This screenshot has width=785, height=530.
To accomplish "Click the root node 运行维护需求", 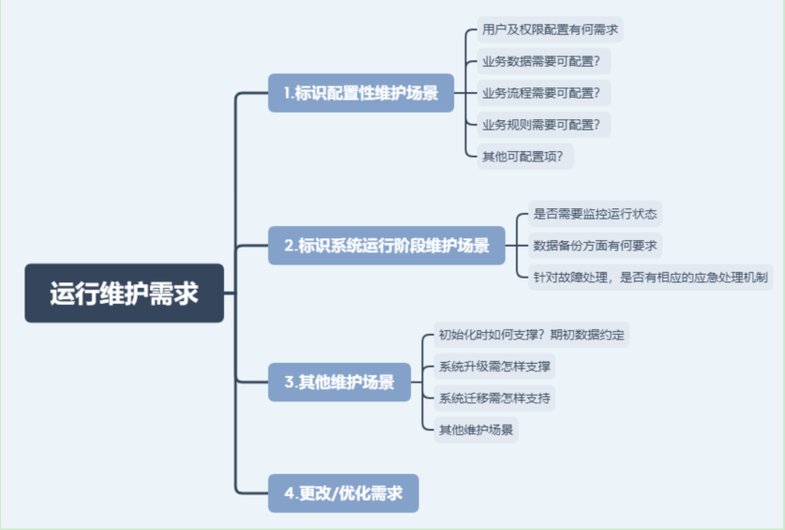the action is click(x=124, y=293).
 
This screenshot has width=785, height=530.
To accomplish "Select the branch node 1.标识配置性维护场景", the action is click(x=361, y=93).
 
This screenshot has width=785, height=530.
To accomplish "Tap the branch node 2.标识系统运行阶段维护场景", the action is click(x=386, y=246).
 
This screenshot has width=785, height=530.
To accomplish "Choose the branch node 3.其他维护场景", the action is click(x=340, y=382).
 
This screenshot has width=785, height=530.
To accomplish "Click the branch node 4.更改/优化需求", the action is click(x=343, y=493).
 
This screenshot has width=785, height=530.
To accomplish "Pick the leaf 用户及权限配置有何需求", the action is click(x=550, y=30).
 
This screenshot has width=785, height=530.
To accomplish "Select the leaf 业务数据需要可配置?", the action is click(x=544, y=61).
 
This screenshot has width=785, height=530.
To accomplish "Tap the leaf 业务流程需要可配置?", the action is click(x=544, y=93).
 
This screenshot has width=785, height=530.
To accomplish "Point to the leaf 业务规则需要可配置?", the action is click(x=544, y=125).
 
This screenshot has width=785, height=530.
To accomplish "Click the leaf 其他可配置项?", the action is click(x=525, y=157).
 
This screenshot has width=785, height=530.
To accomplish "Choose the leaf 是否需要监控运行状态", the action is click(x=596, y=214).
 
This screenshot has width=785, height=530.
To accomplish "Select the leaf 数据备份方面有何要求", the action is click(x=596, y=246).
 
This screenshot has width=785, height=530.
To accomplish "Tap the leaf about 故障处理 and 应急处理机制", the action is click(x=651, y=277).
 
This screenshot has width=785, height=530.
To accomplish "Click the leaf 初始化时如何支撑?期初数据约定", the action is click(x=531, y=335).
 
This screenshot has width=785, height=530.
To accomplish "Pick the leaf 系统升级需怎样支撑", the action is click(x=494, y=366).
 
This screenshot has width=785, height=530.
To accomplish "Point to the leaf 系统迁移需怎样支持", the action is click(x=494, y=399).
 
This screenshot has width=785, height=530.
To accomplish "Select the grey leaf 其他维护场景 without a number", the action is click(x=476, y=430).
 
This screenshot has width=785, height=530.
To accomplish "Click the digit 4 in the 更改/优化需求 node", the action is click(x=290, y=493).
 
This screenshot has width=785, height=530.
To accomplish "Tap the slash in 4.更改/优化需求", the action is click(x=334, y=494).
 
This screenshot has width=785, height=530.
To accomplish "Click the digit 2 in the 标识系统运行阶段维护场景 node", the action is click(x=289, y=246).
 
